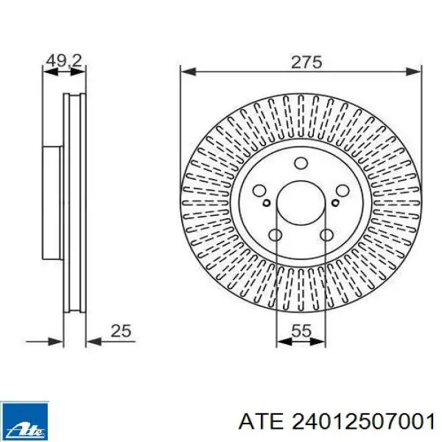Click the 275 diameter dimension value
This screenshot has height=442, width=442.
(306, 63)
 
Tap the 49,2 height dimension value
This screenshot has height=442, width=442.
(64, 61)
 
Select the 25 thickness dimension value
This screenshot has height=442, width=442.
(121, 331)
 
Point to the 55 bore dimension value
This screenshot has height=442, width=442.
(301, 331)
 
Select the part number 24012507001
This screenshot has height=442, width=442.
(363, 422)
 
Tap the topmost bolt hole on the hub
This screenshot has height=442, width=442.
(301, 163)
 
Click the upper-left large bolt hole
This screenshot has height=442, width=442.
(259, 191)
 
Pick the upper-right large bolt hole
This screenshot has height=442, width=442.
(343, 191)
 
